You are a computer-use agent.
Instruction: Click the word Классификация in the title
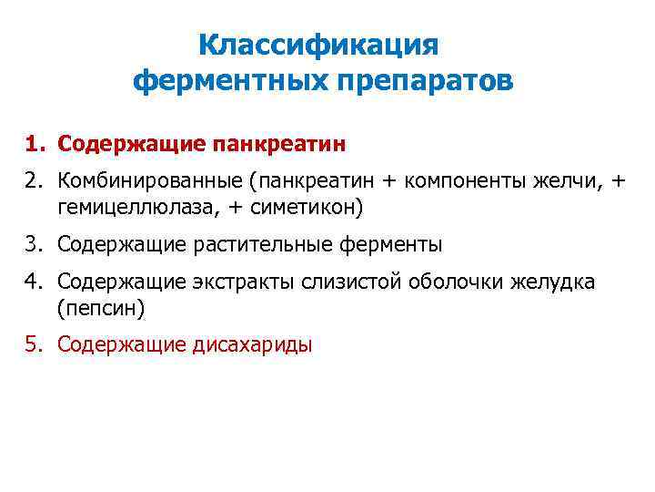318,45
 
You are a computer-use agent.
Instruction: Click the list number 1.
34,144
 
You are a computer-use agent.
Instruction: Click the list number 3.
34,244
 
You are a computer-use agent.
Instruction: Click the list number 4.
34,282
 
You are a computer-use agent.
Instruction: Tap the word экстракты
232,282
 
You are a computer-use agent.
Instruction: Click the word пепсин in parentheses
100,307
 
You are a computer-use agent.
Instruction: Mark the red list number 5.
34,344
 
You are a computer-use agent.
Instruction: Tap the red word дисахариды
251,344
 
